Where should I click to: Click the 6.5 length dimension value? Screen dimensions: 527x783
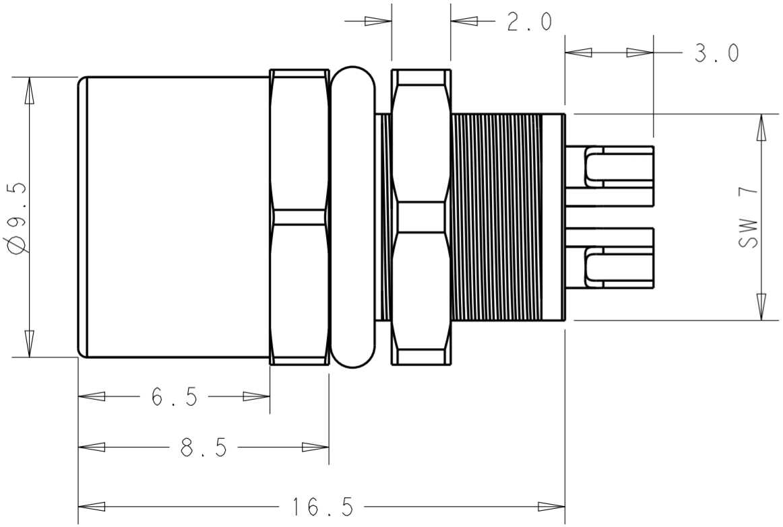pyautogui.click(x=174, y=397)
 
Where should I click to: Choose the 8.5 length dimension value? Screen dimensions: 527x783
pyautogui.click(x=203, y=448)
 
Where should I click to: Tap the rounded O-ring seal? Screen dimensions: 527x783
pyautogui.click(x=354, y=217)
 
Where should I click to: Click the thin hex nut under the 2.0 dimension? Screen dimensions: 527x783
pyautogui.click(x=421, y=217)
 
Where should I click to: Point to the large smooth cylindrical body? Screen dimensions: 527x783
pyautogui.click(x=175, y=217)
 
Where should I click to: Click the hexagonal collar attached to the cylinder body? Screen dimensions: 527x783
pyautogui.click(x=299, y=217)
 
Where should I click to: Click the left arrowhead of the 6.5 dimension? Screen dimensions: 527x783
pyautogui.click(x=91, y=397)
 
